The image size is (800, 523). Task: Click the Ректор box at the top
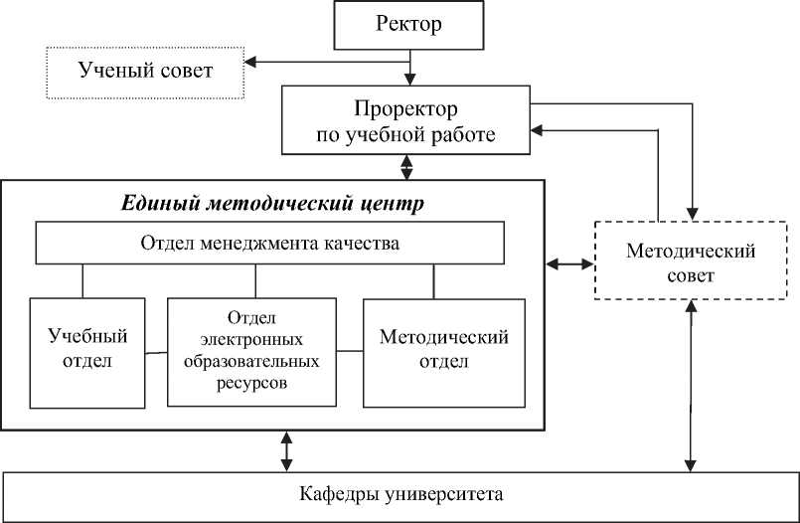coord(408,25)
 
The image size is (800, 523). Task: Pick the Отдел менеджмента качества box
coord(270,244)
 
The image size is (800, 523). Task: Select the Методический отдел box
coord(444,351)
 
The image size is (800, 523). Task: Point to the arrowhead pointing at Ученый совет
coord(251,64)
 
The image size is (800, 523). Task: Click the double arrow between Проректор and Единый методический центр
coord(406,167)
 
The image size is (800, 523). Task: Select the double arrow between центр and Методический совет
coord(569,264)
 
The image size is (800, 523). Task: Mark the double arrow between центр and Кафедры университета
coord(287,450)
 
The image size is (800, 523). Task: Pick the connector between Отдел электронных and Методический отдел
coord(348,350)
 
